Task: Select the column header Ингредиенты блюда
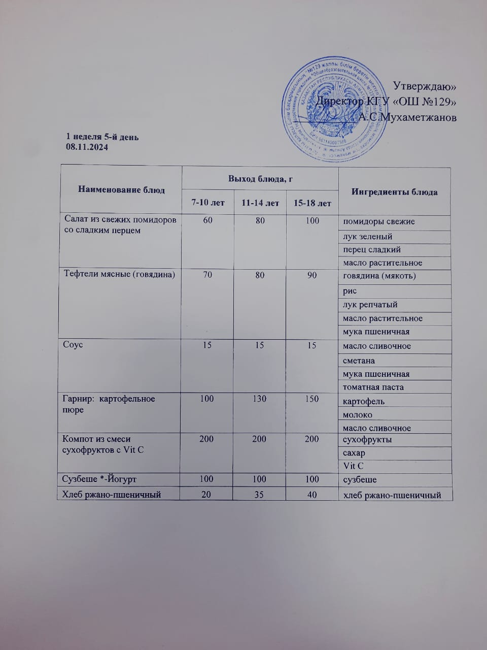click(x=394, y=192)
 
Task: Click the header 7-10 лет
click(x=207, y=203)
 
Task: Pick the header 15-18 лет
click(x=312, y=203)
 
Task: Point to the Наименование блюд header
click(x=121, y=190)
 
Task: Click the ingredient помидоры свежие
click(x=379, y=221)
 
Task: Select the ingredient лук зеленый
click(x=368, y=236)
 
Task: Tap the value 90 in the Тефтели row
click(x=312, y=275)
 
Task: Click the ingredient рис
click(x=350, y=291)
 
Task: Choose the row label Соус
click(x=73, y=344)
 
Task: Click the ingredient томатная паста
click(x=373, y=387)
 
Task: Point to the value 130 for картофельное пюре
click(x=259, y=399)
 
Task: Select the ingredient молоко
click(x=358, y=414)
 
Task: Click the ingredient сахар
click(x=354, y=453)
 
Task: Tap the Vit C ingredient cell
click(x=354, y=466)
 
